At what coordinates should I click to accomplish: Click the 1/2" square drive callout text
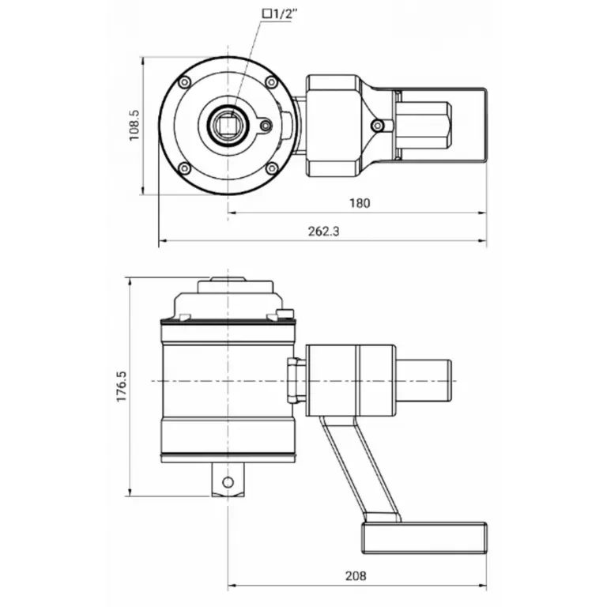pyautogui.click(x=281, y=14)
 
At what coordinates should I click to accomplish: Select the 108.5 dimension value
pyautogui.click(x=134, y=125)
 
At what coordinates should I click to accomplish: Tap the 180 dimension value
pyautogui.click(x=360, y=203)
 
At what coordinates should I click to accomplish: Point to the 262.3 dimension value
pyautogui.click(x=323, y=231)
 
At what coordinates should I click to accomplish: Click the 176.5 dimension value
pyautogui.click(x=122, y=386)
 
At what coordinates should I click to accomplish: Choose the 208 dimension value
pyautogui.click(x=356, y=575)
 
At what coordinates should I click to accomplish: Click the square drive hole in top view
pyautogui.click(x=228, y=125)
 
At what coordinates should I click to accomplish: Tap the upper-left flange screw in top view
pyautogui.click(x=185, y=81)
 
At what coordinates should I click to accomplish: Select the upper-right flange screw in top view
pyautogui.click(x=271, y=82)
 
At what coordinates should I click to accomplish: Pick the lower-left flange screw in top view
pyautogui.click(x=185, y=168)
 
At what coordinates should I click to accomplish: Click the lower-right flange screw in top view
pyautogui.click(x=272, y=168)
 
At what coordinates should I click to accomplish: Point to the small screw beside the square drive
pyautogui.click(x=266, y=126)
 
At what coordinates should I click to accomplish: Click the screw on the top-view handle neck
pyautogui.click(x=377, y=126)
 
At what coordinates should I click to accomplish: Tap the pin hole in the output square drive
pyautogui.click(x=228, y=482)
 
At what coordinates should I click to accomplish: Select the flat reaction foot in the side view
pyautogui.click(x=424, y=537)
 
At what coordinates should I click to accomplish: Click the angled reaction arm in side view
pyautogui.click(x=360, y=469)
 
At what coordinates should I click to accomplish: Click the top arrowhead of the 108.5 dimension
pyautogui.click(x=143, y=62)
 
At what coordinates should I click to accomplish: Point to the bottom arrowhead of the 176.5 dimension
pyautogui.click(x=130, y=492)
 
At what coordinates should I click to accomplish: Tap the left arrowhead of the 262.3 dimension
pyautogui.click(x=164, y=241)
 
